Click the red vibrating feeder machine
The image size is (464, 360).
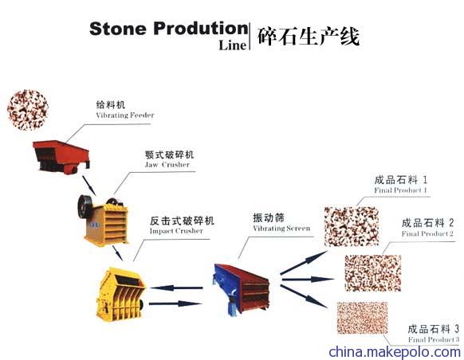(x=61, y=157)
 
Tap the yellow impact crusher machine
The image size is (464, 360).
(x=120, y=294)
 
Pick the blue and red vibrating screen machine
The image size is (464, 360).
(x=241, y=289)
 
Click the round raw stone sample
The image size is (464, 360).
(x=28, y=110)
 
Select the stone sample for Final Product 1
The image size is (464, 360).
(x=352, y=226)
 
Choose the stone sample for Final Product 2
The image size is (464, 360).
(x=373, y=273)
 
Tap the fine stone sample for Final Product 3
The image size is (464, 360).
(x=362, y=318)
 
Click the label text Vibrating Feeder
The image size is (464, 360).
(x=125, y=115)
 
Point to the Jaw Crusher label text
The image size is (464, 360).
(x=167, y=165)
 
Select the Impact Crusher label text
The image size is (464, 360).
(x=176, y=231)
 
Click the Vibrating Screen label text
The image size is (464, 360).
(x=281, y=228)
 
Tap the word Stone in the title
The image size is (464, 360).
(x=118, y=29)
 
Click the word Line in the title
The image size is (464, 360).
(x=233, y=45)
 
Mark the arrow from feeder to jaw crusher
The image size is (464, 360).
(x=88, y=186)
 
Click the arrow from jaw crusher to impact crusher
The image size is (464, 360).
(x=117, y=253)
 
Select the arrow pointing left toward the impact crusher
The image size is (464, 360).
(x=177, y=288)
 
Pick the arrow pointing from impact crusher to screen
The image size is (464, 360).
(x=175, y=303)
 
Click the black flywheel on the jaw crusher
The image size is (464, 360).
(x=85, y=206)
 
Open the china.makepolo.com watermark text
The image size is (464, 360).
(x=395, y=352)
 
